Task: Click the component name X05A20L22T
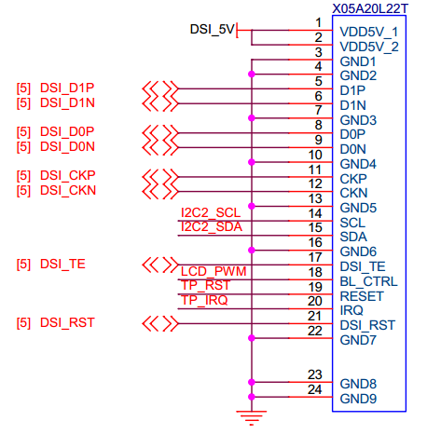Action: point(371,7)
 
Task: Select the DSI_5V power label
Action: point(212,30)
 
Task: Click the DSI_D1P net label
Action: point(68,88)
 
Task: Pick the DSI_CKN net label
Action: point(68,190)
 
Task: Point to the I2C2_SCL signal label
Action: point(211,212)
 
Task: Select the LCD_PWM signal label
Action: point(212,270)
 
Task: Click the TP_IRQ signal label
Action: point(204,300)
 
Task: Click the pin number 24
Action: point(314,390)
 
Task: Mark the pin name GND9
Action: point(358,399)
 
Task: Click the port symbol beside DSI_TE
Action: point(158,265)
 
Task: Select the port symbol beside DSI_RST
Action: point(158,324)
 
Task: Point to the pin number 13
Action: point(314,198)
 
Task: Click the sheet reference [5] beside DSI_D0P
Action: point(23,131)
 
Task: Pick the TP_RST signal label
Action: point(204,285)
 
